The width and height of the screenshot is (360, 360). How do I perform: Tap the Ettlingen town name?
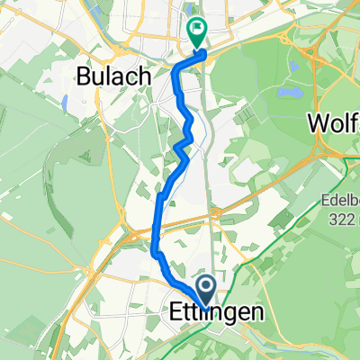[x=217, y=313]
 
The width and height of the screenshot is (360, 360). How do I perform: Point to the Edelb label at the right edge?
[x=337, y=202]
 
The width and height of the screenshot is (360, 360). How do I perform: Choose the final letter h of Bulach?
[x=142, y=76]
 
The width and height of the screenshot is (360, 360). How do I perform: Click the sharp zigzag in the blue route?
[x=184, y=144]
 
